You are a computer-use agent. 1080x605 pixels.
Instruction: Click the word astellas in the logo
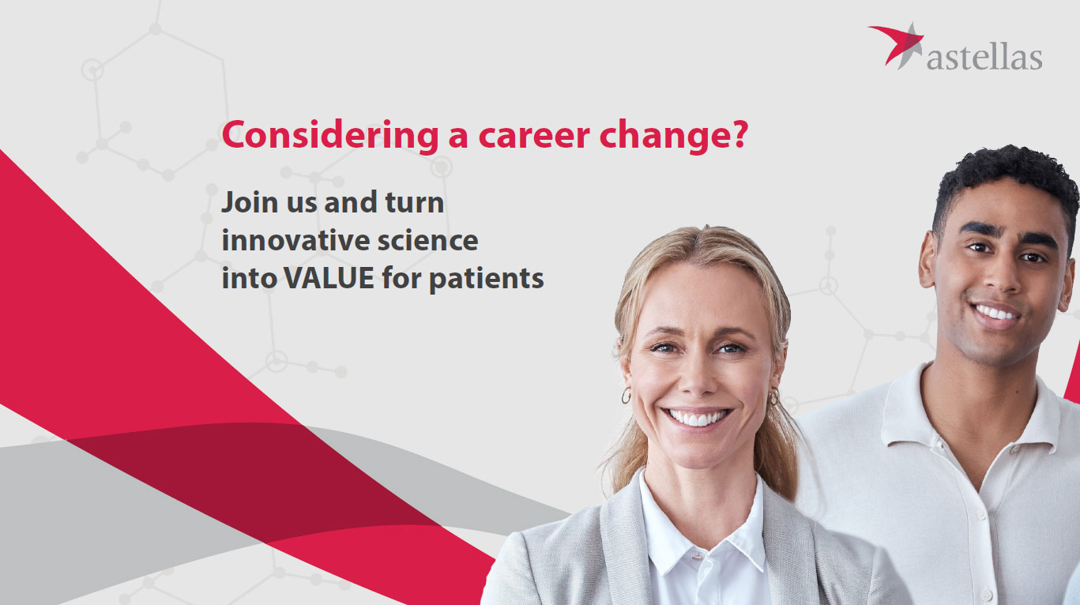pyautogui.click(x=984, y=58)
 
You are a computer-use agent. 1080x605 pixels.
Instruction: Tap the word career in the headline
pyautogui.click(x=534, y=135)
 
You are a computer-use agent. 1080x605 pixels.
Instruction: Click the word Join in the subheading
pyautogui.click(x=250, y=202)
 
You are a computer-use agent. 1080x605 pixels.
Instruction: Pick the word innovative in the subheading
pyautogui.click(x=295, y=240)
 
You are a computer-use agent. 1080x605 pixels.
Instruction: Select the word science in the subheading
pyautogui.click(x=427, y=241)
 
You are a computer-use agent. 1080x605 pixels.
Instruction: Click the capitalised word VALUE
pyautogui.click(x=329, y=278)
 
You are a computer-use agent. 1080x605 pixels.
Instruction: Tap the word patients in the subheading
pyautogui.click(x=487, y=280)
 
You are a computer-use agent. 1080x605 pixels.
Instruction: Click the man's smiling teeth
pyautogui.click(x=994, y=313)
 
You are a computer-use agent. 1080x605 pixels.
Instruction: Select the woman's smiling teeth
pyautogui.click(x=697, y=417)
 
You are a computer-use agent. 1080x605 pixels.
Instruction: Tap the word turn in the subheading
pyautogui.click(x=415, y=202)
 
